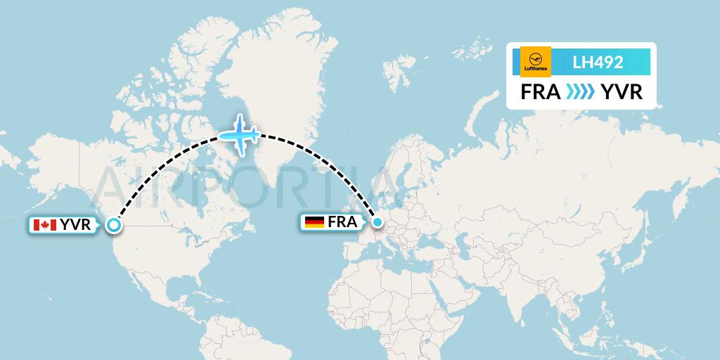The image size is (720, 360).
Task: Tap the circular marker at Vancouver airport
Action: (x=114, y=225)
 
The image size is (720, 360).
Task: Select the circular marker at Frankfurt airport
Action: (x=378, y=223)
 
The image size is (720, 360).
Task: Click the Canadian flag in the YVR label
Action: (x=44, y=225)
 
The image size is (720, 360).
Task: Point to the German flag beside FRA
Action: (x=314, y=223)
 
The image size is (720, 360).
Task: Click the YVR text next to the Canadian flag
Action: (x=75, y=225)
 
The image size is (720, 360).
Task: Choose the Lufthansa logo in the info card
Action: (x=536, y=61)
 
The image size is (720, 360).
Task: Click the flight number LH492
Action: (x=598, y=62)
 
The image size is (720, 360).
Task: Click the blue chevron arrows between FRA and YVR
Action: (x=580, y=92)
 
